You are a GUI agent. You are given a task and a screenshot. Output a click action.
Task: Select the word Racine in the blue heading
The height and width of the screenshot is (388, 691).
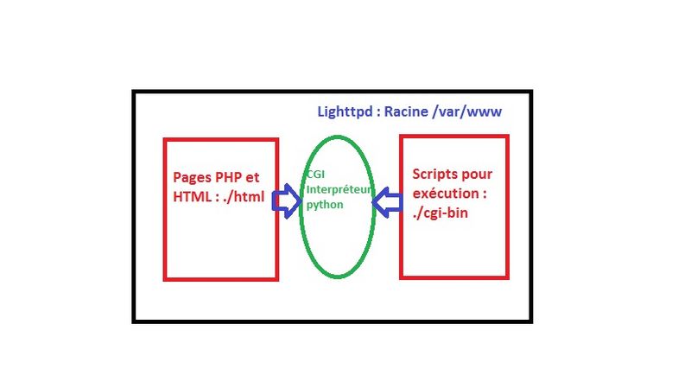411,112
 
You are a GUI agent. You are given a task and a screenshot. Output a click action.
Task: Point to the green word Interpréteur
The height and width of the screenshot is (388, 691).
338,189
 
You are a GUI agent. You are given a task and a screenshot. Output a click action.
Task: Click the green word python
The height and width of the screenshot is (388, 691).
324,206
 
